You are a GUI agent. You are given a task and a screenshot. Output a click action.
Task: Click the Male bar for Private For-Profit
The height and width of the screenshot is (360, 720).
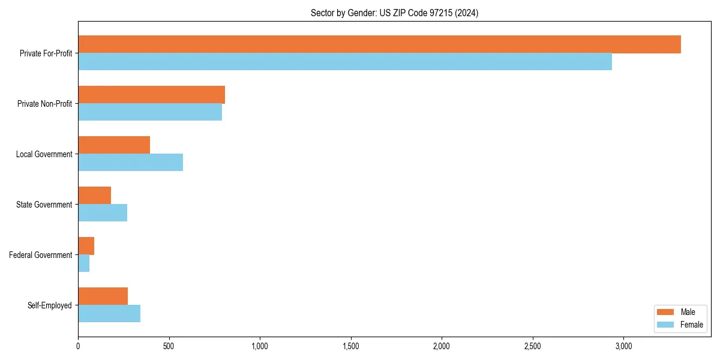pos(379,44)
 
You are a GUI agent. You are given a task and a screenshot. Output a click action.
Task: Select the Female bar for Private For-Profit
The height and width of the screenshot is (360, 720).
pos(345,62)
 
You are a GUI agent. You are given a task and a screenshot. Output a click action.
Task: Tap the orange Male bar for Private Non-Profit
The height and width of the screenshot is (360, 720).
pos(151,95)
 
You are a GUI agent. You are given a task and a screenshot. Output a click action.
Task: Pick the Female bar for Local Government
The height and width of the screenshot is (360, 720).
pos(130,163)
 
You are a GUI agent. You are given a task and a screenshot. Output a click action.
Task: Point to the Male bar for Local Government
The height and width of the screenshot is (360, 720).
pos(114,145)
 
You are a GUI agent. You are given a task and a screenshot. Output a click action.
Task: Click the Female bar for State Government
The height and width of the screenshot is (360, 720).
pos(103,213)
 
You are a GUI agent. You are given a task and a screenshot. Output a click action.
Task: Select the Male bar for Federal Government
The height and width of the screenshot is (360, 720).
pos(86,246)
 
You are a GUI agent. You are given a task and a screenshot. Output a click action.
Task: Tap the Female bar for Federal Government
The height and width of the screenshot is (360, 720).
pos(83,263)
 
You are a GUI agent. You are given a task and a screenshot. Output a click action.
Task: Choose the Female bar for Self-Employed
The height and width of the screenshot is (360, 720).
pos(109,314)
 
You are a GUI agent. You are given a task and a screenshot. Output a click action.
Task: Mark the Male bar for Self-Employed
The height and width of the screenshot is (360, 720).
pos(103,296)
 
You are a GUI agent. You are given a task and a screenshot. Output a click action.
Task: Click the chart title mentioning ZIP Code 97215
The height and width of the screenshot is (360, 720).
pos(394,13)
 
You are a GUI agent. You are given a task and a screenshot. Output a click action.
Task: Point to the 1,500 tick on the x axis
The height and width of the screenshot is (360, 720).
pos(350,346)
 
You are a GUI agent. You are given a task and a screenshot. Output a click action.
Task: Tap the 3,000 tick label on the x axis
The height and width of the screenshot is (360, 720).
pos(623,346)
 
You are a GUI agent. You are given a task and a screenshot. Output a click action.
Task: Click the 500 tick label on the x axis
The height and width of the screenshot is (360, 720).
pos(169,346)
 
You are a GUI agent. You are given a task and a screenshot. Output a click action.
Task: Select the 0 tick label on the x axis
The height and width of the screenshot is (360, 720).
pos(78,346)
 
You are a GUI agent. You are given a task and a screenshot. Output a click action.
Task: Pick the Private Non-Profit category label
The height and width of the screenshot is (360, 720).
pos(44,104)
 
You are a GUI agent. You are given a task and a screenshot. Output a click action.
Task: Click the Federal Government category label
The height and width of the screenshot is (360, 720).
pos(41,255)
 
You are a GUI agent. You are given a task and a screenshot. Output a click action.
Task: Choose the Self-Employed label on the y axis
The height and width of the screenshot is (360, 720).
pos(49,305)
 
